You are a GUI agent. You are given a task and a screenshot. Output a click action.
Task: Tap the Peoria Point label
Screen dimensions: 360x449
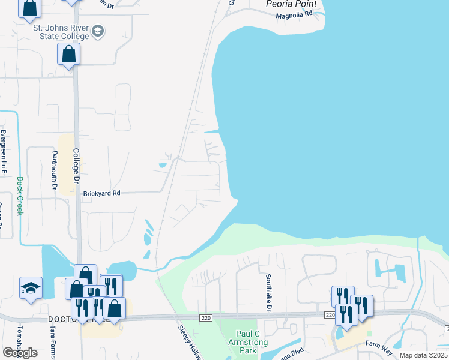tap(291, 4)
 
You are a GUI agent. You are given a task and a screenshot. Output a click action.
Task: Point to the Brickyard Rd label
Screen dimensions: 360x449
tap(102, 193)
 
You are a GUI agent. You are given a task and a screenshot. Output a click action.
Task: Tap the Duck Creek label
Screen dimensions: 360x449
tap(20, 196)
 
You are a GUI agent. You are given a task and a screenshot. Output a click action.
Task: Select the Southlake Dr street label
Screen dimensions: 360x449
tap(269, 293)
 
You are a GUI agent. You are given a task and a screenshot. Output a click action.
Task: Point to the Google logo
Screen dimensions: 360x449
tap(20, 353)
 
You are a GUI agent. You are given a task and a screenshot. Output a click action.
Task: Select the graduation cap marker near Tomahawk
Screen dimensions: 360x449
tap(31, 287)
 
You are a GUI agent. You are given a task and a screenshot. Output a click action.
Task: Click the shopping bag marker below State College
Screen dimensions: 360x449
tap(69, 54)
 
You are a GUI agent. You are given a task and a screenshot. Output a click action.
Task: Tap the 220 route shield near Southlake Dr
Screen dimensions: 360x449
tap(330, 314)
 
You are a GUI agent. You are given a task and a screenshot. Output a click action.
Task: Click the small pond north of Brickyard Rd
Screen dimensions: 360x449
tap(162, 165)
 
